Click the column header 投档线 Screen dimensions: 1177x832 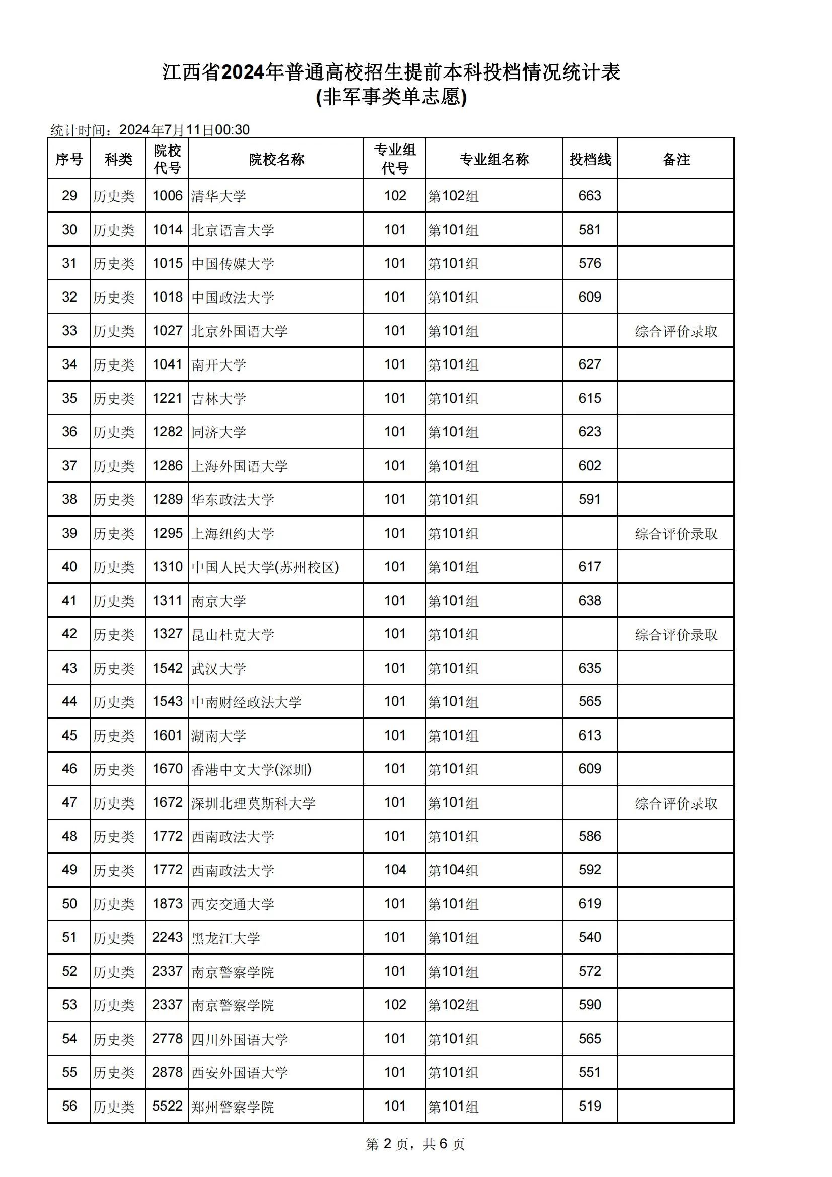pos(589,159)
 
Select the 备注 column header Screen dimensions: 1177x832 pos(675,159)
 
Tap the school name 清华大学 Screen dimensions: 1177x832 pos(218,196)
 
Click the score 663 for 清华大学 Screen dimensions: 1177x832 pos(589,196)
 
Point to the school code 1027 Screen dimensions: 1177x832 pos(167,331)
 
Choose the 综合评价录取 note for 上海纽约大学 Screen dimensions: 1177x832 pos(675,534)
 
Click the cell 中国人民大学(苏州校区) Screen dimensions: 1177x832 pos(265,567)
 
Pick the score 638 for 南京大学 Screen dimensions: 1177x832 pos(589,600)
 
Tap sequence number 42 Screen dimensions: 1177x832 pos(69,634)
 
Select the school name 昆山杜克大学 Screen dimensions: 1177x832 pos(233,635)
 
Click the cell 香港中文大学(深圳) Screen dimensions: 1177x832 pos(251,769)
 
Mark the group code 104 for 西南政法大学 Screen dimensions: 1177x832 pos(395,870)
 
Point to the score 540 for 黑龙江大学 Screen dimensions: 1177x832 pos(589,937)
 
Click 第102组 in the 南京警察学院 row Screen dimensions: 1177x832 pos(453,1005)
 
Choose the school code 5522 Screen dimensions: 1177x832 pos(167,1106)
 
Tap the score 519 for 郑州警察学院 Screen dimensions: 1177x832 pos(589,1106)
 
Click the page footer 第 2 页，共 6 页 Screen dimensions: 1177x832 pos(415,1144)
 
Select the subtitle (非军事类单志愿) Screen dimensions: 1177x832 pos(391,97)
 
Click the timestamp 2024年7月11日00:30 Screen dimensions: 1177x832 pos(185,130)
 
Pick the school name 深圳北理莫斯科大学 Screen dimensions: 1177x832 pos(253,803)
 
